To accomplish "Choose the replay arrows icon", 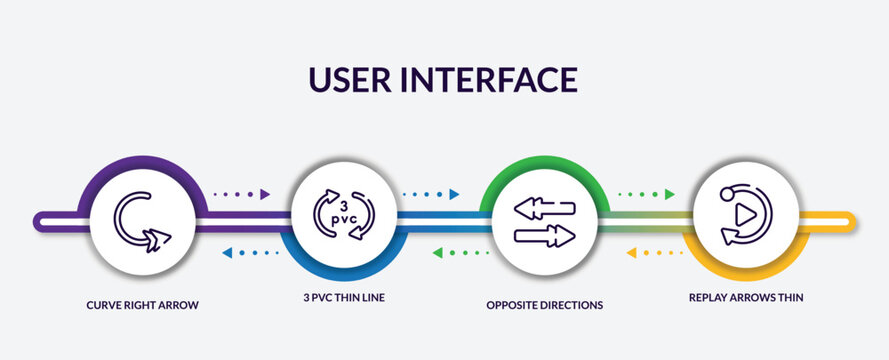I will (x=745, y=214).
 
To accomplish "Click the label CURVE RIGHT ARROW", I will (x=142, y=305).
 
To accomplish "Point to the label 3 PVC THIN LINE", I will (x=343, y=297).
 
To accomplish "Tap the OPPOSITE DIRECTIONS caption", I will (x=545, y=305).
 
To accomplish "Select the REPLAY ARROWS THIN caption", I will (x=746, y=297).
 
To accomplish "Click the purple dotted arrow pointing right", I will (x=242, y=194).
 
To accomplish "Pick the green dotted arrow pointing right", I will (x=644, y=194).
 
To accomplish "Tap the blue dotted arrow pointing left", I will (x=250, y=252).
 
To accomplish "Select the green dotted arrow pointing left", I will (x=461, y=252).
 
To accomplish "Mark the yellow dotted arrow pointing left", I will (x=655, y=252).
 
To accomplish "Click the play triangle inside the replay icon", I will (x=743, y=213).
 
